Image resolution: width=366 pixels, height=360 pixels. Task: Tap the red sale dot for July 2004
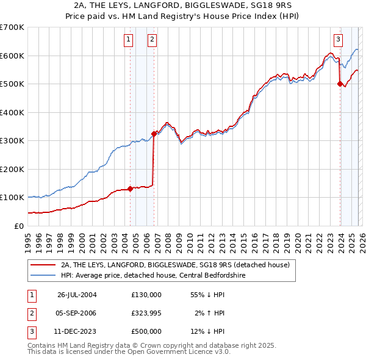click(131, 189)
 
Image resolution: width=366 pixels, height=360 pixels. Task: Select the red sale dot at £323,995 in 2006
click(154, 134)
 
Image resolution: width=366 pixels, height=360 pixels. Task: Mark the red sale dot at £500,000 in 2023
click(340, 84)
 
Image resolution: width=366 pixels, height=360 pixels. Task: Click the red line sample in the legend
click(43, 265)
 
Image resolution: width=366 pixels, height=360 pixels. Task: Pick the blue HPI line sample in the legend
click(43, 275)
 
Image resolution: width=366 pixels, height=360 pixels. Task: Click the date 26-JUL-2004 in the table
click(77, 295)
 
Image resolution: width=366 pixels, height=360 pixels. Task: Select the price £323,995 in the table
click(146, 313)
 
